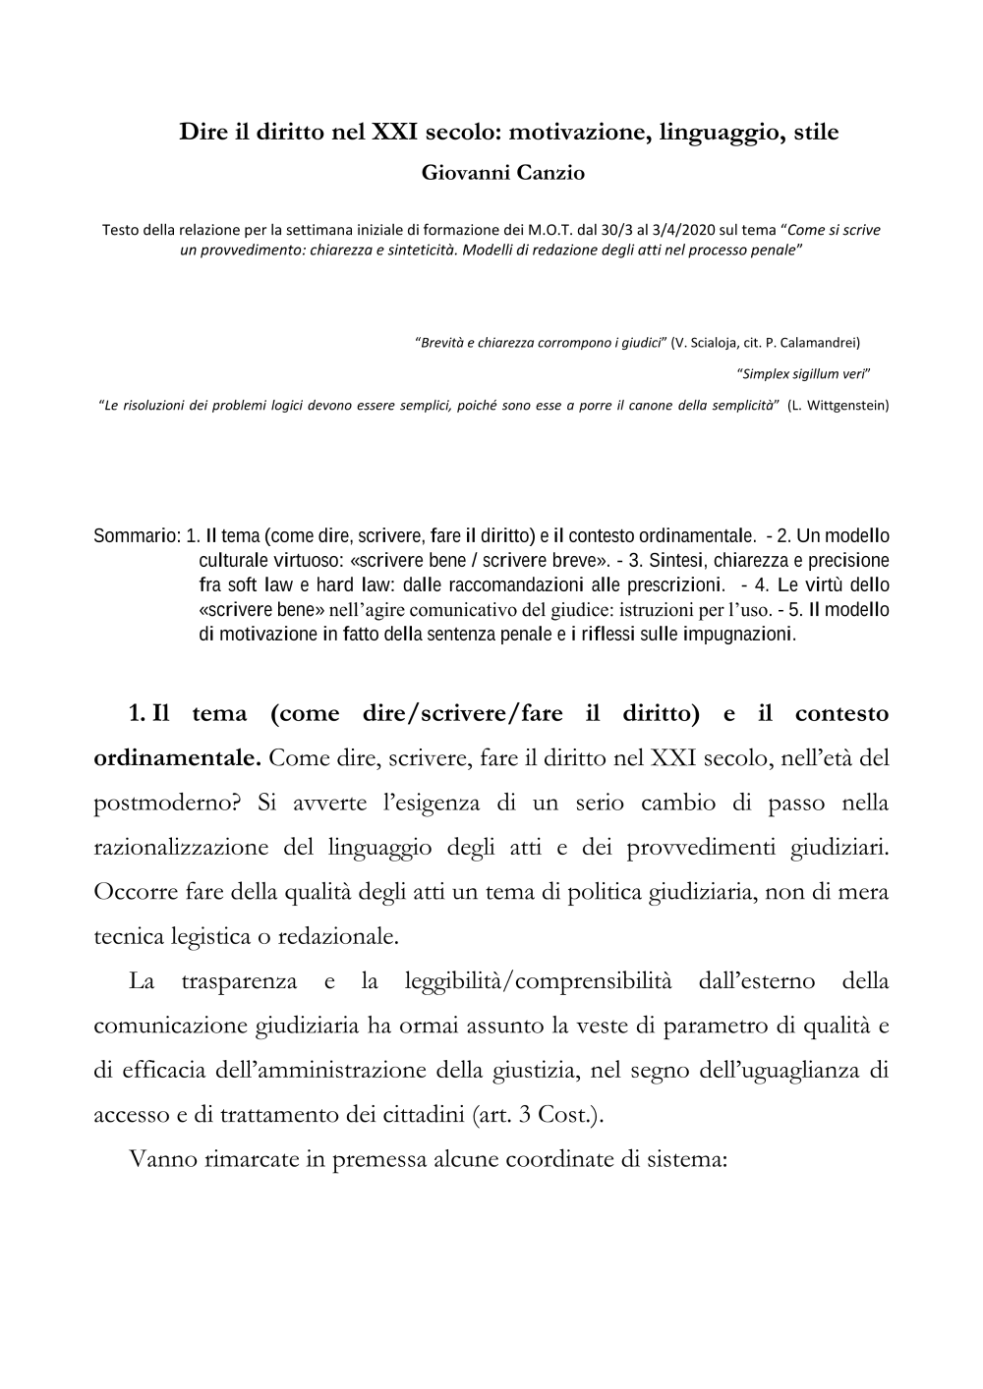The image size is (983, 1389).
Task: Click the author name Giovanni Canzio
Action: pyautogui.click(x=490, y=174)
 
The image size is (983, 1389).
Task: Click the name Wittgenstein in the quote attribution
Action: pyautogui.click(x=845, y=405)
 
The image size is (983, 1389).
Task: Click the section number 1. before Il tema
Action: pyautogui.click(x=138, y=714)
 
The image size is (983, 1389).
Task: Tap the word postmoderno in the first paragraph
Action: pyautogui.click(x=167, y=804)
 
